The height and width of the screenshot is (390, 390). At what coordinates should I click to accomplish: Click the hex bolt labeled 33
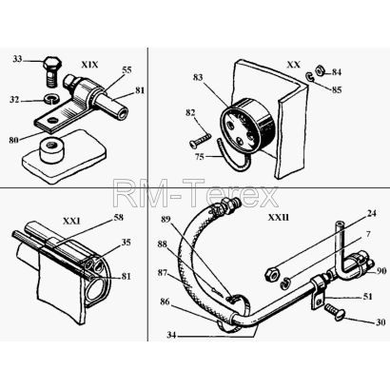click(x=50, y=71)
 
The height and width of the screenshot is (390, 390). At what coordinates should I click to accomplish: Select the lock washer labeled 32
click(x=50, y=98)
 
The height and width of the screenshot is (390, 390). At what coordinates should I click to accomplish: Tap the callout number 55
click(x=127, y=70)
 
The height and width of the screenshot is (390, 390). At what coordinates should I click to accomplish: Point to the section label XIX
click(x=89, y=65)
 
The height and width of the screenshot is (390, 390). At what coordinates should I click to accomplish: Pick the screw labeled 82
click(x=201, y=140)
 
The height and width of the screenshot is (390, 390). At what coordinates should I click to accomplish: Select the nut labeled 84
click(x=320, y=69)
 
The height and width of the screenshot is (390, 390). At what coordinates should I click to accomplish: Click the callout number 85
click(x=337, y=90)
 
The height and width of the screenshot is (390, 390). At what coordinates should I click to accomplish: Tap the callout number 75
click(x=200, y=158)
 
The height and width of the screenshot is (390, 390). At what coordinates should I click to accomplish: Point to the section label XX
click(x=293, y=65)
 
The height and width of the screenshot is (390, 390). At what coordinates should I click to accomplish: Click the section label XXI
click(x=71, y=221)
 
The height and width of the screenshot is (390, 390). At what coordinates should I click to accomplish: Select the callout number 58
click(x=118, y=218)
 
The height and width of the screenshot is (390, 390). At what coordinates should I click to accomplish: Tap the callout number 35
click(x=126, y=243)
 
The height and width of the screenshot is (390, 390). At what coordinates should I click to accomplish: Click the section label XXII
click(x=279, y=218)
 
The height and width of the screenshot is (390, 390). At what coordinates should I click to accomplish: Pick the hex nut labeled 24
click(x=272, y=274)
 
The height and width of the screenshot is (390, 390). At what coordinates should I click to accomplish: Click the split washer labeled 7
click(x=285, y=283)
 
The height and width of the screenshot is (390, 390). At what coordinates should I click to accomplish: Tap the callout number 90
click(x=380, y=271)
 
